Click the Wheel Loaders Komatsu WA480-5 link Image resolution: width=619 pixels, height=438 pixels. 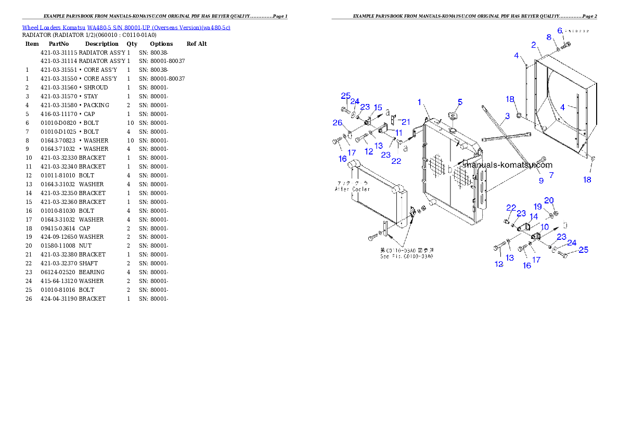(x=126, y=28)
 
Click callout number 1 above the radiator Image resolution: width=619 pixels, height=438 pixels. (x=419, y=102)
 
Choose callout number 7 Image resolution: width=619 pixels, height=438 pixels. (x=549, y=37)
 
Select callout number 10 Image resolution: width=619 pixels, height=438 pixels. (x=399, y=133)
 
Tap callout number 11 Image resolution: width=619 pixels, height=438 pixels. (x=534, y=216)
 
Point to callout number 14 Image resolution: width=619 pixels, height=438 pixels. (x=378, y=108)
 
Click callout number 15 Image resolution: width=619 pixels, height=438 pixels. (x=538, y=207)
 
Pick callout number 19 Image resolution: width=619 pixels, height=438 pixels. (x=549, y=201)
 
